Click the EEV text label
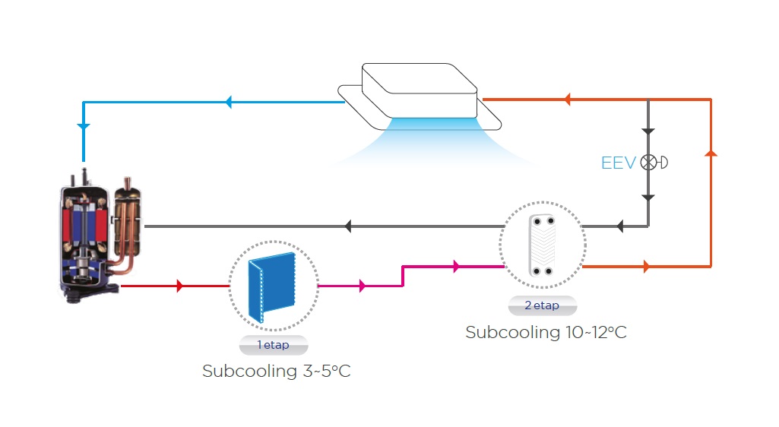point(617,163)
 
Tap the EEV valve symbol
point(649,162)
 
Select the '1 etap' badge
point(274,345)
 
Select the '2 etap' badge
point(542,305)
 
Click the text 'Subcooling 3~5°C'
point(276,372)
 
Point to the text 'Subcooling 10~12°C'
point(546,333)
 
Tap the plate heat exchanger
point(543,245)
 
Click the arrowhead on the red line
point(180,286)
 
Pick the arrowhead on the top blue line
point(228,103)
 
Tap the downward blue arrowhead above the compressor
point(84,126)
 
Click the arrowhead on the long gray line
point(347,226)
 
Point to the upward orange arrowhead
point(711,153)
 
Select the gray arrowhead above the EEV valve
point(648,131)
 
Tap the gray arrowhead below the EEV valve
point(648,198)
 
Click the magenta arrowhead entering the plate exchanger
point(456,266)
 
